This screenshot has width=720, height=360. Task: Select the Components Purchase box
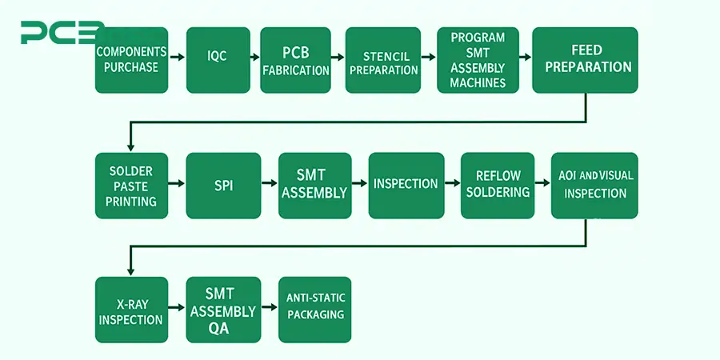[x=130, y=60]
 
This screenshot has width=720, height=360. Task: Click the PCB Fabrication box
[x=295, y=60]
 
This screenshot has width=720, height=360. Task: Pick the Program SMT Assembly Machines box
[x=478, y=60]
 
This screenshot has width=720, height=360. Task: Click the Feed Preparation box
[x=585, y=60]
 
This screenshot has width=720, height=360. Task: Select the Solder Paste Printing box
[x=131, y=186]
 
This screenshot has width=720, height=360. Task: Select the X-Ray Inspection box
[x=131, y=310]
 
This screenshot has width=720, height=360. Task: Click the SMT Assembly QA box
[x=223, y=310]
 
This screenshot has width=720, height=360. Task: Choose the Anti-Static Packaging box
[x=314, y=310]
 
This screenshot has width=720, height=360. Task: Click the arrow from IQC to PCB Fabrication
[x=255, y=58]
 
